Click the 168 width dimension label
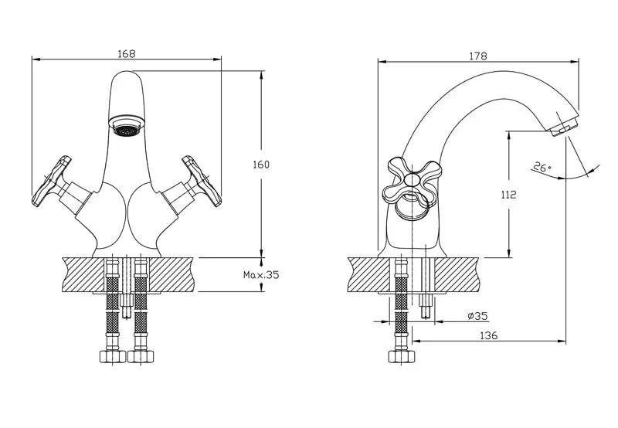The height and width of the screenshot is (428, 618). click(127, 53)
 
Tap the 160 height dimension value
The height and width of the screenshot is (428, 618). click(261, 165)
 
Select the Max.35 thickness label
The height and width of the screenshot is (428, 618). click(261, 275)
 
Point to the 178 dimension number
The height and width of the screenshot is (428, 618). click(478, 56)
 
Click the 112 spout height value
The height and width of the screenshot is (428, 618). click(508, 194)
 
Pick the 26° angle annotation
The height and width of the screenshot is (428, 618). click(542, 167)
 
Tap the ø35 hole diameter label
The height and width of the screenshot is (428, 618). click(477, 316)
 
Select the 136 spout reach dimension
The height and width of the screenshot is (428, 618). click(489, 336)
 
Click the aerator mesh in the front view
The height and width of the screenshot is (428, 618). click(127, 131)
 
